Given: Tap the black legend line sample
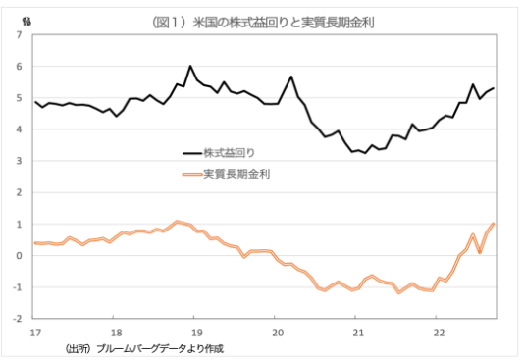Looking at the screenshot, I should (x=191, y=153).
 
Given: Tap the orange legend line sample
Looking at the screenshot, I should (x=191, y=175).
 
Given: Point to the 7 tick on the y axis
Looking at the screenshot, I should (x=20, y=35).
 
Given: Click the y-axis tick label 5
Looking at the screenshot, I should (x=20, y=98).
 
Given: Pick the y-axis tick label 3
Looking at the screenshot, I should (x=20, y=161).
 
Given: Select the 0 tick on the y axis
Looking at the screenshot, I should (x=20, y=256).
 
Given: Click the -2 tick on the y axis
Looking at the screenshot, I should (x=18, y=319).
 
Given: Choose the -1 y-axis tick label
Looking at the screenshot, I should (x=18, y=287).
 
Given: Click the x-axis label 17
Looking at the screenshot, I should (x=34, y=332).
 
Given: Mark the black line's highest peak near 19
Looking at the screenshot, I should (x=189, y=67).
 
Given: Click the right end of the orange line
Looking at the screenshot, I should (x=493, y=224).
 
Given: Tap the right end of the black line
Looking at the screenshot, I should (x=493, y=88).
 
